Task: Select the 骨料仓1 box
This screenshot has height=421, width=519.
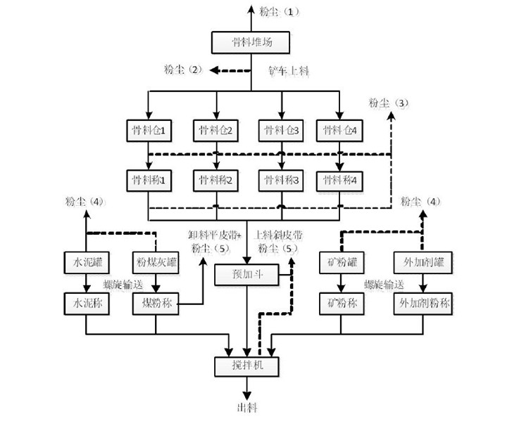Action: [x=147, y=130]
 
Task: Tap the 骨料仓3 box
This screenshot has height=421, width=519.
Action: [x=280, y=130]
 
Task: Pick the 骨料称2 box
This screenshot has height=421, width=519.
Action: [x=215, y=180]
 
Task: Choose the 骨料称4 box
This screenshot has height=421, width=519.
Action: [x=340, y=180]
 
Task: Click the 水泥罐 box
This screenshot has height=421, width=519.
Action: [x=85, y=264]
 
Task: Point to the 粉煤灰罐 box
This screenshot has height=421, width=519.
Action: [x=154, y=264]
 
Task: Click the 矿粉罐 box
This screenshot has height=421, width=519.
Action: [x=341, y=264]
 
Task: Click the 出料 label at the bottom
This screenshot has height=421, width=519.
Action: [x=246, y=407]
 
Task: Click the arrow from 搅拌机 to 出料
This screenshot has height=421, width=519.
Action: [x=246, y=387]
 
